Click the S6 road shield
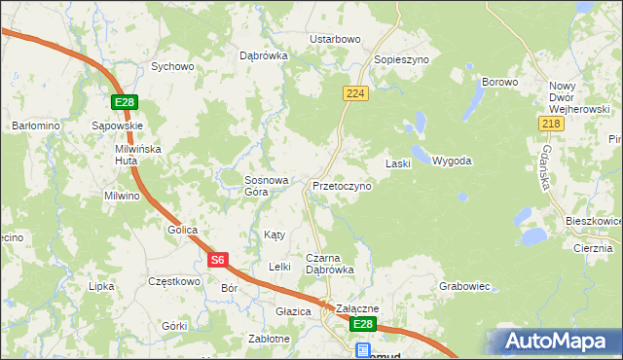point(219,260)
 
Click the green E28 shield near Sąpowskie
point(124,102)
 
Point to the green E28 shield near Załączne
point(362,324)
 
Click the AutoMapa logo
point(554,342)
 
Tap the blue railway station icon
point(362,349)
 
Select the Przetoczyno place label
point(341,185)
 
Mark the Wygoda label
point(452,161)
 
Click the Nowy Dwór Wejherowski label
point(578,97)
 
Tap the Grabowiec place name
point(463,287)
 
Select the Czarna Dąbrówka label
point(329,263)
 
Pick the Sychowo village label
point(172,67)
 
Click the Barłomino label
point(36,126)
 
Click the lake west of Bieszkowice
point(532,235)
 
